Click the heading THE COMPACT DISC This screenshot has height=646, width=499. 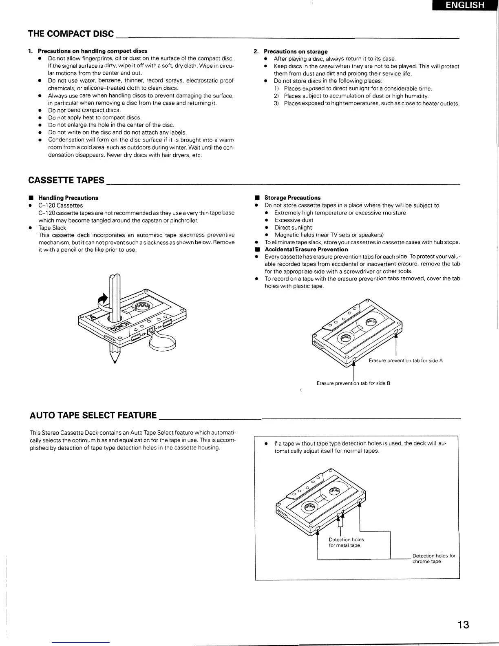point(71,33)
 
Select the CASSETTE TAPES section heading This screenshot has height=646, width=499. point(66,180)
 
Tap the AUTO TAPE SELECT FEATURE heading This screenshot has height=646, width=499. point(93,415)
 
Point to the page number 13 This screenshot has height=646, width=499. point(463,625)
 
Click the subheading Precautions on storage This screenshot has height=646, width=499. point(296,51)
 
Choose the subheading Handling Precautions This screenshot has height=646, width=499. point(68,198)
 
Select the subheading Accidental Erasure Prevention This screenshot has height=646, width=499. point(306,250)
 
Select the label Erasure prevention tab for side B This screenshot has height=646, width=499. point(353,383)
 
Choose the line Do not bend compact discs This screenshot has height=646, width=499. point(84,110)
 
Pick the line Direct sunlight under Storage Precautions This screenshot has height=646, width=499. point(293,228)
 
